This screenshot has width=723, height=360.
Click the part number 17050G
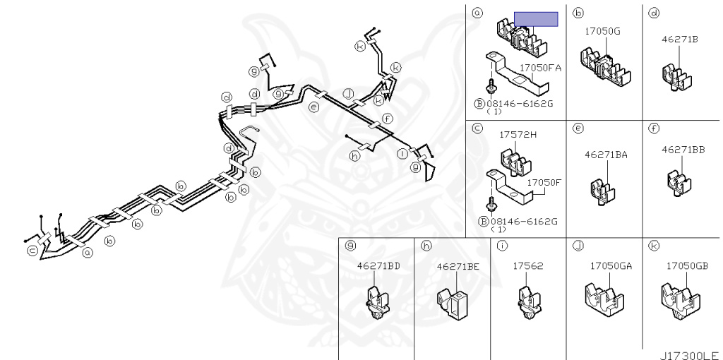pos(602,31)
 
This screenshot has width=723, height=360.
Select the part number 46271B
pos(680,40)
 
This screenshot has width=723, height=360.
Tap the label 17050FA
pos(540,68)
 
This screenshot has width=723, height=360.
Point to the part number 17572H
pos(518,135)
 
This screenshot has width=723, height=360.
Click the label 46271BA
pos(606,155)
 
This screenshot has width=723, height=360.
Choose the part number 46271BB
pos(683,150)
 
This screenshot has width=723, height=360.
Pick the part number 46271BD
pos(378,265)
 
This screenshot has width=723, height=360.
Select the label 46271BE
pos(458,266)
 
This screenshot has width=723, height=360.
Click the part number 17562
pos(528,266)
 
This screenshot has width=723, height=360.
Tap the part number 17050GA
pos(611,266)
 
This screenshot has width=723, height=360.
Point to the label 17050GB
pos(687,266)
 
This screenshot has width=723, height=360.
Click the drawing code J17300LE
pos(689,355)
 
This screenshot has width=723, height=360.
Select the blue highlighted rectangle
pos(536,19)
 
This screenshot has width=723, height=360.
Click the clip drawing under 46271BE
pos(451,304)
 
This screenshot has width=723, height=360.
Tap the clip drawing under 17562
pos(528,303)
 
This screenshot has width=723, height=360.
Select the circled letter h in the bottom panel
pos(426,246)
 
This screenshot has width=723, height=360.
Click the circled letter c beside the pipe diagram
pos(32,251)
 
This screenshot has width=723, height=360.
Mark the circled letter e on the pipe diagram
pos(313,107)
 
